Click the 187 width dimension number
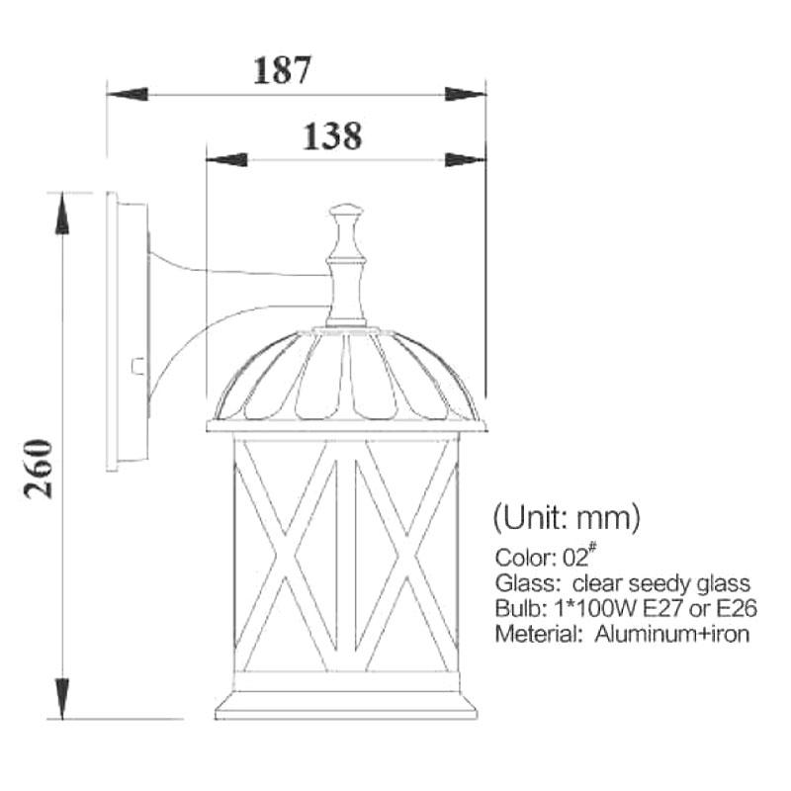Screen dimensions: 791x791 pyautogui.click(x=282, y=69)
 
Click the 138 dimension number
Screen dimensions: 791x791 pyautogui.click(x=332, y=136)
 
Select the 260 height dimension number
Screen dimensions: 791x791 pyautogui.click(x=39, y=469)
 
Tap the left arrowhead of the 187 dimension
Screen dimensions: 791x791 pyautogui.click(x=128, y=94)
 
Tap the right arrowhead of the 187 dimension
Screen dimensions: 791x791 pyautogui.click(x=465, y=94)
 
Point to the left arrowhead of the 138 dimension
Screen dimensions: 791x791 pyautogui.click(x=227, y=160)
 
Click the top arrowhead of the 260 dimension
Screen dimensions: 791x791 pyautogui.click(x=62, y=214)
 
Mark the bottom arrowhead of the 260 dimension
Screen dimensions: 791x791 pyautogui.click(x=62, y=698)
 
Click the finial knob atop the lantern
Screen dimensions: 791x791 pyautogui.click(x=346, y=211)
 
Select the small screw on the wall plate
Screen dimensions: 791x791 pyautogui.click(x=137, y=366)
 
